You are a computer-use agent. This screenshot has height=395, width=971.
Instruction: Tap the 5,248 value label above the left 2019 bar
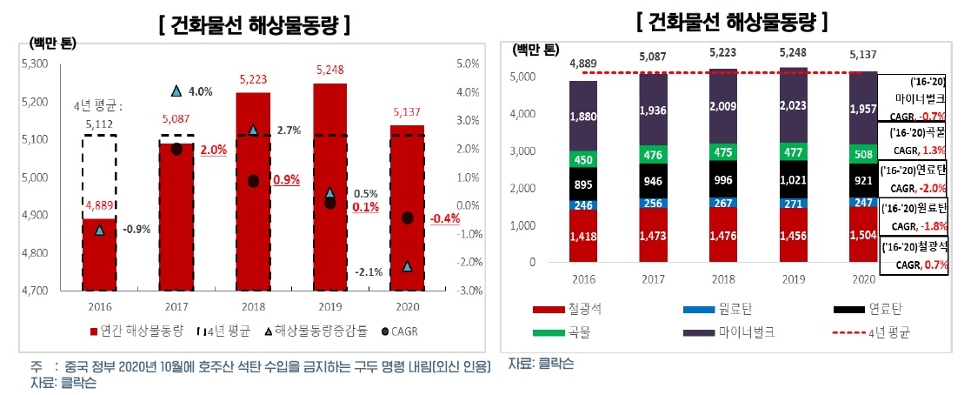(x=329, y=70)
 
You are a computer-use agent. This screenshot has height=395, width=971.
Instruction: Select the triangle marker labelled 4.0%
(x=176, y=91)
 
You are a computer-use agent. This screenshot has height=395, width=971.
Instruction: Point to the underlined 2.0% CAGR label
(x=213, y=150)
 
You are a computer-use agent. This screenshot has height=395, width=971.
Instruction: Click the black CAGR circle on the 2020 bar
(x=408, y=218)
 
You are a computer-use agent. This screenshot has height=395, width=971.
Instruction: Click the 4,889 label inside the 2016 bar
(x=100, y=206)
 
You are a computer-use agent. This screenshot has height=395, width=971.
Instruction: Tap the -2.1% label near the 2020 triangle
(x=369, y=272)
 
